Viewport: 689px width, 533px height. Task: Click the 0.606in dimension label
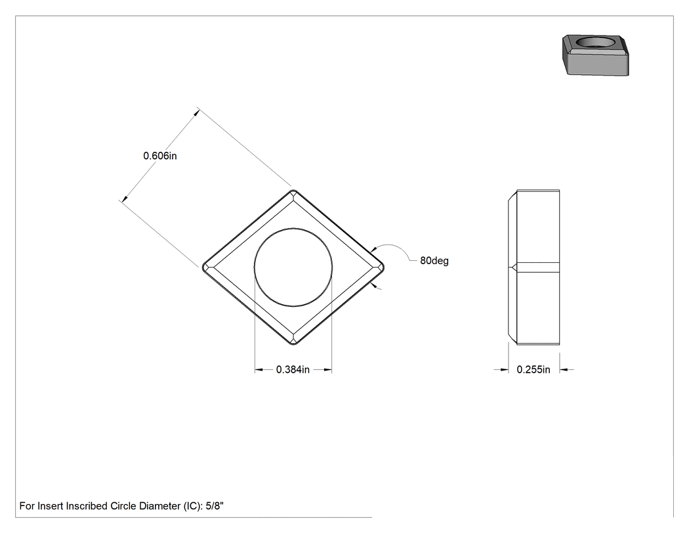click(160, 156)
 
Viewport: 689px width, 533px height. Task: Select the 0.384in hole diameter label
click(293, 370)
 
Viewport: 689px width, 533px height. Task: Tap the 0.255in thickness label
click(533, 370)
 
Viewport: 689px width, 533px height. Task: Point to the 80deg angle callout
click(434, 260)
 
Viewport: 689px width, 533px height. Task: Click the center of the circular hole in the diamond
click(293, 267)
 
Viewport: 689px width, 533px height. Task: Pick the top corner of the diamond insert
click(293, 190)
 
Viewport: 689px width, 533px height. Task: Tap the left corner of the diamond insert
click(203, 267)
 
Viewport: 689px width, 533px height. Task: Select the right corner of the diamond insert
click(384, 267)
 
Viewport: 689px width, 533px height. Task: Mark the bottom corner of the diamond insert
click(293, 344)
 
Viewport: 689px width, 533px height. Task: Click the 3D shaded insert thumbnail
click(596, 55)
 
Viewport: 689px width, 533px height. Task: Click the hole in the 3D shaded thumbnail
click(595, 42)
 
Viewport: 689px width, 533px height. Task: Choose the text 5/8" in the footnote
click(215, 506)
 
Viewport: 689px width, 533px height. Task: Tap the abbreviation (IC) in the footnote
click(194, 506)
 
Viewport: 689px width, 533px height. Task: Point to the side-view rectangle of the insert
click(534, 267)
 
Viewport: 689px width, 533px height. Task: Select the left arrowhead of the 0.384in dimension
click(259, 370)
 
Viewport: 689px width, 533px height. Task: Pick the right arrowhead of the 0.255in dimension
click(564, 370)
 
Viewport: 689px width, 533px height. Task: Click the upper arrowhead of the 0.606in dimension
click(197, 112)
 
